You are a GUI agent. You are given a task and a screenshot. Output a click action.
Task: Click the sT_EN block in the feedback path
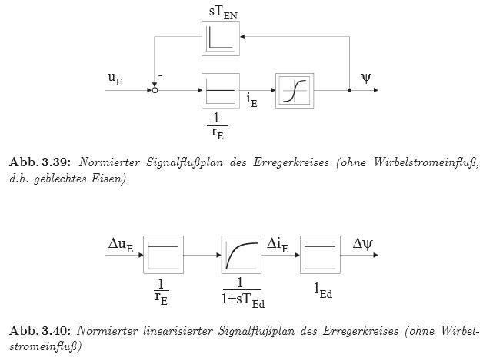[221, 38]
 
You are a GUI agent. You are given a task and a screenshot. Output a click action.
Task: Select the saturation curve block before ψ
[295, 90]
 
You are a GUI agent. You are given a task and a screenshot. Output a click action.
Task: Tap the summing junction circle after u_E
[155, 90]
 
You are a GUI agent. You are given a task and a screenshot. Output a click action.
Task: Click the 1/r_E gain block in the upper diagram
[221, 90]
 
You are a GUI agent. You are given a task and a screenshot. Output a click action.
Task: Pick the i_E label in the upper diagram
[251, 101]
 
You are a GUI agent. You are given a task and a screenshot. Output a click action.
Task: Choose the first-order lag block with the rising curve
[241, 255]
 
